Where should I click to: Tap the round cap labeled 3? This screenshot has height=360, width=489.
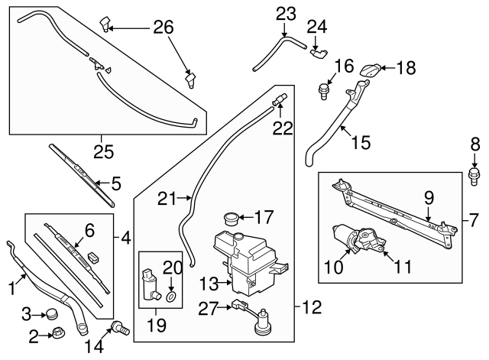(51, 313)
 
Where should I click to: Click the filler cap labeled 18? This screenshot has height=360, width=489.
(370, 70)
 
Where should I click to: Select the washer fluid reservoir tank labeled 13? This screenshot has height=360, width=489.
(248, 264)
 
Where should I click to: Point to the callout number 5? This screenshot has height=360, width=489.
(116, 183)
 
